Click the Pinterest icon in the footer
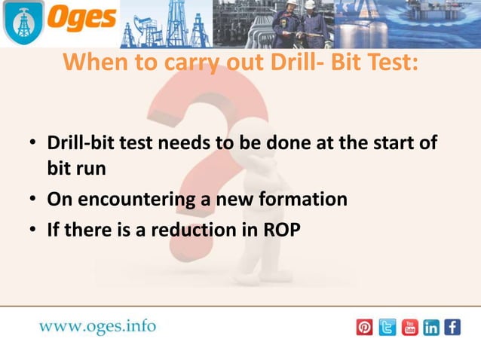tap(364, 328)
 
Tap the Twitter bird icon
tap(387, 328)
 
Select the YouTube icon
tap(409, 328)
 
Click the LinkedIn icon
tap(431, 328)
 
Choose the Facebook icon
tap(452, 328)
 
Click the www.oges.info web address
tap(97, 326)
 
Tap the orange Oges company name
tap(83, 19)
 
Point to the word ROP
tap(280, 230)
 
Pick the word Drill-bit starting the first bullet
tap(81, 142)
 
